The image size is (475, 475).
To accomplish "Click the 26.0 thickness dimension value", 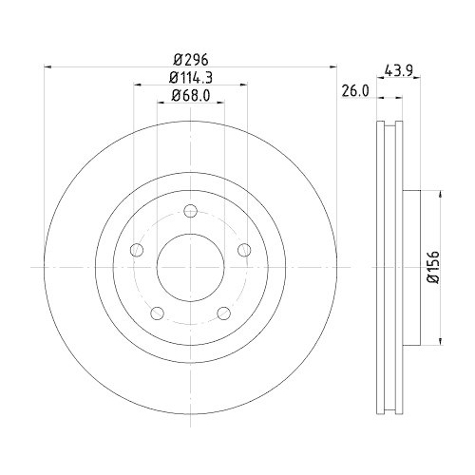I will [354, 91].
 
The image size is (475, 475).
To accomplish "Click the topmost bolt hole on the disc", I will [190, 211].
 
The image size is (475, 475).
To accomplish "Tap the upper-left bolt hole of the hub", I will [136, 250].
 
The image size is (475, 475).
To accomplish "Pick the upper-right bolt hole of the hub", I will [244, 250].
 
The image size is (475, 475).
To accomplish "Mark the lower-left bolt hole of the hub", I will [157, 313].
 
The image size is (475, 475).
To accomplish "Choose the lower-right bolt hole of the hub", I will [223, 313].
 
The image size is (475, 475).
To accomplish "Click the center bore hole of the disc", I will [190, 267].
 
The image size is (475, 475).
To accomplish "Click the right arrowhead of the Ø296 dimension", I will [332, 66].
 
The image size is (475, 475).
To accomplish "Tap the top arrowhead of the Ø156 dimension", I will [440, 195].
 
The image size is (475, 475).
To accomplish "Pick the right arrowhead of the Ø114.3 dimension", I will [243, 85].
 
